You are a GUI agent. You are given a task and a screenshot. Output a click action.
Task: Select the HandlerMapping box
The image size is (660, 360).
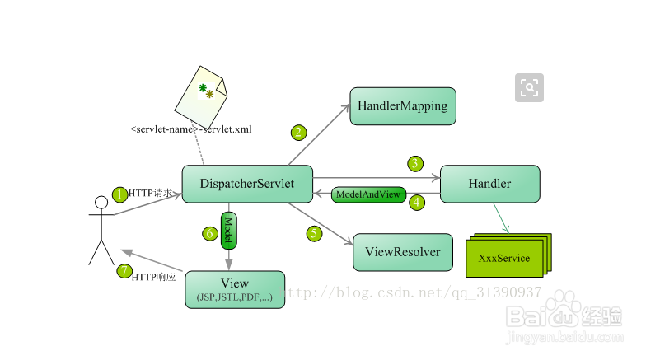point(403,106)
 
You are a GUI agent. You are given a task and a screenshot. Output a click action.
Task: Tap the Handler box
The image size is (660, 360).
point(489,184)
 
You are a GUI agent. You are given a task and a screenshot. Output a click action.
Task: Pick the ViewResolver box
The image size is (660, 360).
point(403,252)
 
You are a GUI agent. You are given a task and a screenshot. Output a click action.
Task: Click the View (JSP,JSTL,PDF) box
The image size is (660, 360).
point(235,289)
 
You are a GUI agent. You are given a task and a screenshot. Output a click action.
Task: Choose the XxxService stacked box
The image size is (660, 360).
point(503,259)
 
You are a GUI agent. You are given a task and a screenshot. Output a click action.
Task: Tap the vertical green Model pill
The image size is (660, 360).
point(228,230)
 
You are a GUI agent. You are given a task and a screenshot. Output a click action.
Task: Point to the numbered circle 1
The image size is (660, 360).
point(119,194)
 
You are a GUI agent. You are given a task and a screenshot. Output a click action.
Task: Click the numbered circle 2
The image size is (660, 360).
point(298,132)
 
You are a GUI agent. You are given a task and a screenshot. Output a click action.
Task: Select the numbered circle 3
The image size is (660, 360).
point(416,163)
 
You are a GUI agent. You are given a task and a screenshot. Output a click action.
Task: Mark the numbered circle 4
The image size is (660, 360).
point(417,201)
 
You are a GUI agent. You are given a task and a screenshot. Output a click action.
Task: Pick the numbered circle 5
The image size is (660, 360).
point(314,233)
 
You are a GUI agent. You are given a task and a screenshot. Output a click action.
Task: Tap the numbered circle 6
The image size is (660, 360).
point(210,233)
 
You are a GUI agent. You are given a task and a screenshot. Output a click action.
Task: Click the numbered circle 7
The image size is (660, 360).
point(124,270)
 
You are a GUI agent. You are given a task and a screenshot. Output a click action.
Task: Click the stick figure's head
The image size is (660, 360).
point(101,203)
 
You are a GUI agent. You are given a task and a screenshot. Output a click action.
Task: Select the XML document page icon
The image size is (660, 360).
point(202,101)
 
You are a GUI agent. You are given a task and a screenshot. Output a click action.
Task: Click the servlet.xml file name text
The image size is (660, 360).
point(190,129)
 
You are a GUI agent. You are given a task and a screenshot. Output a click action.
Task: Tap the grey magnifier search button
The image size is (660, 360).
point(529,87)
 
